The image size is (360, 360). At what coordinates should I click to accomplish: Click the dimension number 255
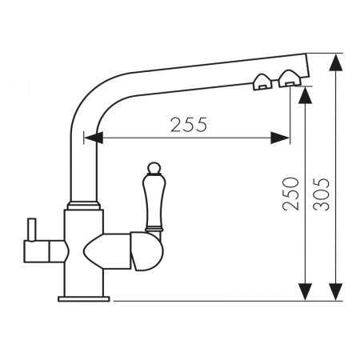click(189, 125)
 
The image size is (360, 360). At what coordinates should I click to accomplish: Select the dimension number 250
click(290, 194)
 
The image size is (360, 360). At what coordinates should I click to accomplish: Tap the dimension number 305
click(322, 194)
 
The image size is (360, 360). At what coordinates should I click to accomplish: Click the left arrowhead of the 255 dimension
click(94, 138)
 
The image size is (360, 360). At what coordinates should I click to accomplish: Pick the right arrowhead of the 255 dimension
click(280, 138)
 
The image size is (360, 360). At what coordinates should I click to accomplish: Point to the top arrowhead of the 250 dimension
click(306, 95)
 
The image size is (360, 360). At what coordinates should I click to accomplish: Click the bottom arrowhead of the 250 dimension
click(306, 292)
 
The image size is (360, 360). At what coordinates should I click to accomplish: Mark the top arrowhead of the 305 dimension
click(335, 62)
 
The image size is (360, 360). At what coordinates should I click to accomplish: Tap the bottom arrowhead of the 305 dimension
click(335, 292)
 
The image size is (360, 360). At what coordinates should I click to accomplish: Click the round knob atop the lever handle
click(154, 168)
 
